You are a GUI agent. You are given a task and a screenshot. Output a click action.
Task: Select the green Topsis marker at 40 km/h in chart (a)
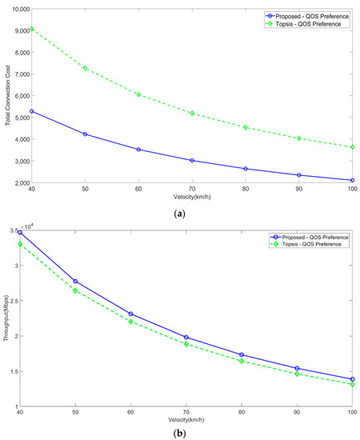pos(30,28)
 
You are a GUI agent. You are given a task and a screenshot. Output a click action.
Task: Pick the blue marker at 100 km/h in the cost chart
pos(352,180)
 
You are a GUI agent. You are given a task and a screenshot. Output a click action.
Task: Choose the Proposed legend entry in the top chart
pos(307,14)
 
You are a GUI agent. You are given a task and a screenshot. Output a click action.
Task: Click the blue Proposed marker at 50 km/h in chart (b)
pos(85,281)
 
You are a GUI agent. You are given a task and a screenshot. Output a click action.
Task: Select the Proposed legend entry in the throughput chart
pos(307,237)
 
